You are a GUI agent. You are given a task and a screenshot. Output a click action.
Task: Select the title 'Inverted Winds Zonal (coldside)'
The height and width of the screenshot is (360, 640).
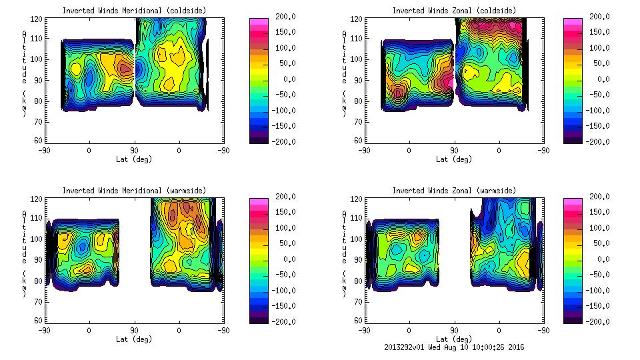(454, 11)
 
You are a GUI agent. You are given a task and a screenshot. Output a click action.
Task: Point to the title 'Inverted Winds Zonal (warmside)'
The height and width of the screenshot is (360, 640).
(454, 191)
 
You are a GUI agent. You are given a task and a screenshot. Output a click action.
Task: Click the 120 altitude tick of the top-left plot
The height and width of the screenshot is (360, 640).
(39, 19)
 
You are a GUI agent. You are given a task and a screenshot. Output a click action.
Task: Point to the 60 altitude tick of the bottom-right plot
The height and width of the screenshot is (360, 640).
(357, 321)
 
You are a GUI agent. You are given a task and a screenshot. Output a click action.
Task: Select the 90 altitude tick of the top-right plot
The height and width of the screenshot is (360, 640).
(357, 80)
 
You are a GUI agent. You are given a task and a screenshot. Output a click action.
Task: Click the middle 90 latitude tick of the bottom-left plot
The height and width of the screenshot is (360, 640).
(134, 330)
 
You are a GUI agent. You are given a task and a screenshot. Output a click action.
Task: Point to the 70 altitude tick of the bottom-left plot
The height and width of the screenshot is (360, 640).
(39, 301)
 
